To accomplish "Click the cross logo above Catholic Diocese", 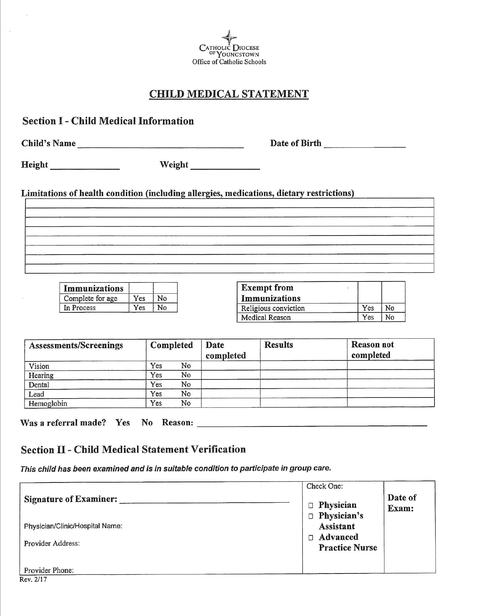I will pyautogui.click(x=229, y=37).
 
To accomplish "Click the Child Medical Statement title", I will pyautogui.click(x=229, y=94).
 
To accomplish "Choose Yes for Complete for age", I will pyautogui.click(x=139, y=298).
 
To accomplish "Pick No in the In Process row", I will pyautogui.click(x=162, y=308).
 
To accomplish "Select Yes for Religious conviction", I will pyautogui.click(x=368, y=308).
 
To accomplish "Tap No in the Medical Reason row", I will pyautogui.click(x=390, y=317).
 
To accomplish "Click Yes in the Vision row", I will pyautogui.click(x=156, y=366).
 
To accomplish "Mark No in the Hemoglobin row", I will pyautogui.click(x=186, y=403).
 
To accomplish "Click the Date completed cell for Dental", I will pyautogui.click(x=230, y=385).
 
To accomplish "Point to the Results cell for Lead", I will pyautogui.click(x=303, y=394).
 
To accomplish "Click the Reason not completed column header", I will pyautogui.click(x=373, y=350).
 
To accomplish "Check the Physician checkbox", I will pyautogui.click(x=311, y=506).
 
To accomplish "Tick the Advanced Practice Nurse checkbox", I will pyautogui.click(x=311, y=538).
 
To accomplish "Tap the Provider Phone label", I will pyautogui.click(x=49, y=570).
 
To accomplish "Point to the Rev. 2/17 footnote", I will pyautogui.click(x=33, y=579).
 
